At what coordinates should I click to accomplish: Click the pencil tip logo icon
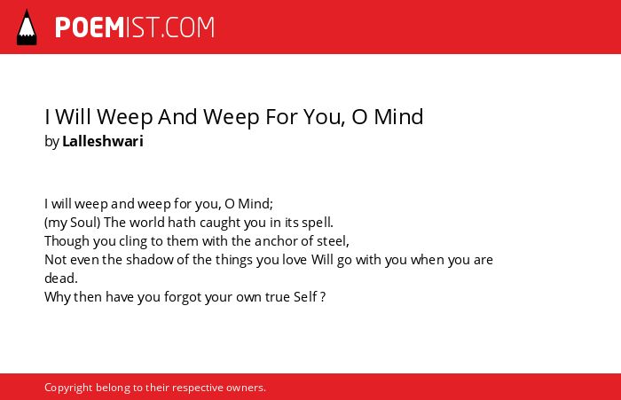coord(27,27)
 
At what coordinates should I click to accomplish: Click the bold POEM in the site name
coord(90,27)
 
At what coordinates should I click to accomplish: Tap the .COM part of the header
coord(188,27)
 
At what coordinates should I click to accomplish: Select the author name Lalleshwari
coord(103,141)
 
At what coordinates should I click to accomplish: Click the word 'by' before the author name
coord(51,142)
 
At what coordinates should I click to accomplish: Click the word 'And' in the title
coord(177,117)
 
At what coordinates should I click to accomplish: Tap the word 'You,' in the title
coord(325,117)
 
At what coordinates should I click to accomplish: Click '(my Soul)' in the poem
coord(73,223)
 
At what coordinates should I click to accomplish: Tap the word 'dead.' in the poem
coord(61,278)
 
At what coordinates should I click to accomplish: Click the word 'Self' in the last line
coord(305,297)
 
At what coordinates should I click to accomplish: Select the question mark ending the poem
coord(323,297)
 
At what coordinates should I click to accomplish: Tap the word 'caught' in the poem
coord(220,223)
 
